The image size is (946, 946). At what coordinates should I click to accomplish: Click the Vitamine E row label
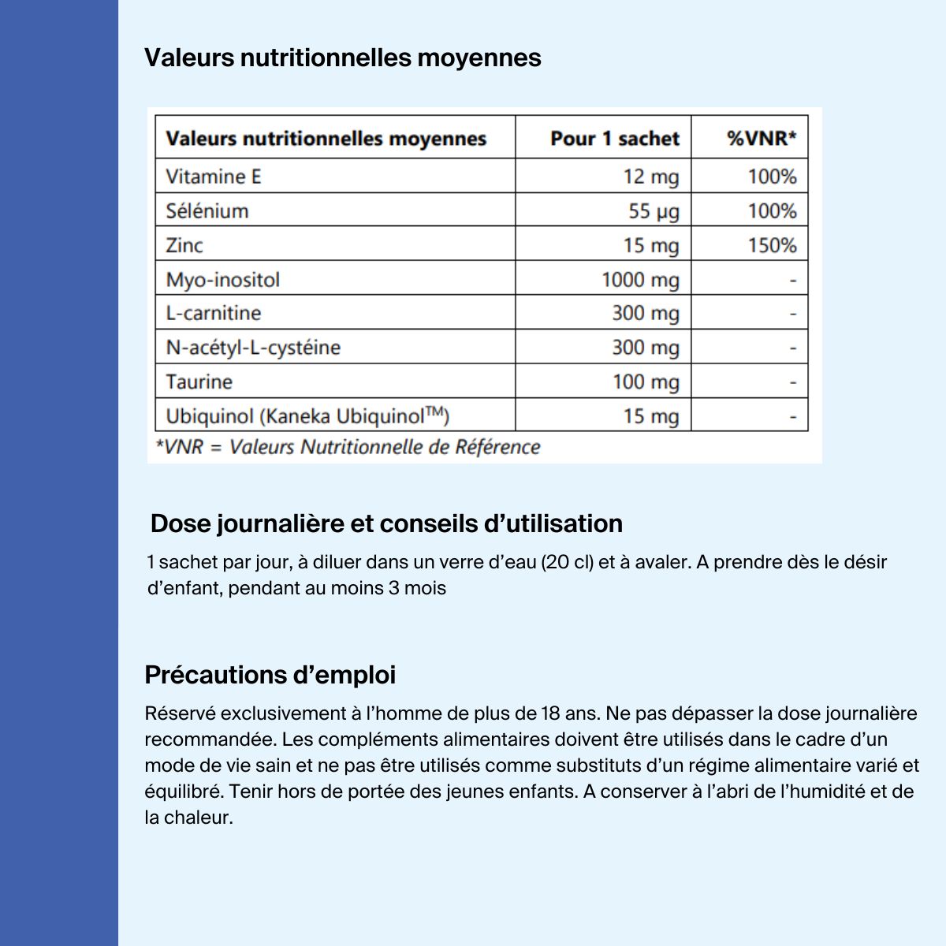click(213, 177)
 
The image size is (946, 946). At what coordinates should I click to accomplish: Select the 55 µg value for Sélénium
click(653, 211)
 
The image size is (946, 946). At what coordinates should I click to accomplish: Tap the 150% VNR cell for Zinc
click(772, 245)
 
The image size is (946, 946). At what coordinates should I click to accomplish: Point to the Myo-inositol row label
click(222, 280)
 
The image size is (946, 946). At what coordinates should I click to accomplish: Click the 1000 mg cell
click(639, 280)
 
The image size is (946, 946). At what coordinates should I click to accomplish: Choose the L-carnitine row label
click(213, 313)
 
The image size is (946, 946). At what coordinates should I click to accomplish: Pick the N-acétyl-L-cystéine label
click(253, 348)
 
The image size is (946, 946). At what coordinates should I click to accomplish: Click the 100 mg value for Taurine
click(645, 382)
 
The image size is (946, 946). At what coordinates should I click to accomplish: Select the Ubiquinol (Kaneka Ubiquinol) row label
click(307, 416)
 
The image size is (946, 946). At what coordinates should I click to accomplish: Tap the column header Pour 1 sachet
click(614, 139)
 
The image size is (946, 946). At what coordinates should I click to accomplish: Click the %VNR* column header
click(762, 139)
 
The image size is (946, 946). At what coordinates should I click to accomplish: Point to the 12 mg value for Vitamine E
click(650, 177)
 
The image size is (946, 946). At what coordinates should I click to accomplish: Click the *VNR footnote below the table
click(348, 447)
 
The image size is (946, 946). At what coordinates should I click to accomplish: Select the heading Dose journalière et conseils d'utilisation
click(386, 523)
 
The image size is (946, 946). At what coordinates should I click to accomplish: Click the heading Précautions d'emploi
click(270, 675)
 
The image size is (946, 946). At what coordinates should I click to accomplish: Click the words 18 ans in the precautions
click(571, 713)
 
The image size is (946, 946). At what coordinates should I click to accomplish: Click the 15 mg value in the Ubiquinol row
click(650, 416)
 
